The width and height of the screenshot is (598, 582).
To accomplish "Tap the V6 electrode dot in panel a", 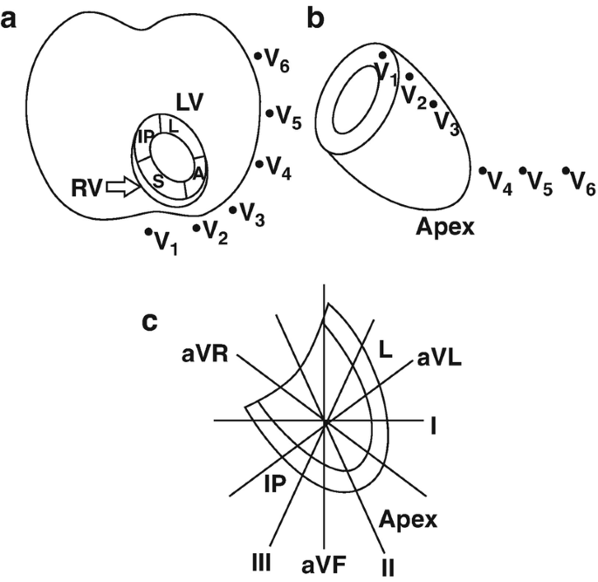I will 258,57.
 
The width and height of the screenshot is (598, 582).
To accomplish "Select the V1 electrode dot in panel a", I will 148,232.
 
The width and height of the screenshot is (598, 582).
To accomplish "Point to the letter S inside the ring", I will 158,181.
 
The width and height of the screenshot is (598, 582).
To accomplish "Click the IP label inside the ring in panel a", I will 145,137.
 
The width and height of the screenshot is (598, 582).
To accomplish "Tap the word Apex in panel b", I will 444,228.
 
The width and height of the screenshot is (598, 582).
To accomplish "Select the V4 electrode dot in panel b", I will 483,171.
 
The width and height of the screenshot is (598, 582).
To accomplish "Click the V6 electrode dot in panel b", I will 566,171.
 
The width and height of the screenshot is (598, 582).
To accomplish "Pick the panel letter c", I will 149,322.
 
